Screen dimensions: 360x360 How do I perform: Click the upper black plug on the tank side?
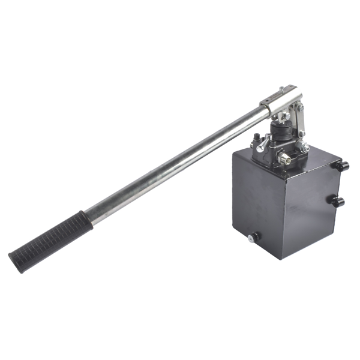(343, 166)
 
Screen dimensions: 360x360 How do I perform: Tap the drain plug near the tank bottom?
(254, 238)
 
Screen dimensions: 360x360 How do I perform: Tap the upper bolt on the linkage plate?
(301, 108)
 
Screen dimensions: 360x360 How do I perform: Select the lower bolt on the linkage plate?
(302, 133)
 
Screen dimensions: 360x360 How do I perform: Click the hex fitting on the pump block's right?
(305, 147)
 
